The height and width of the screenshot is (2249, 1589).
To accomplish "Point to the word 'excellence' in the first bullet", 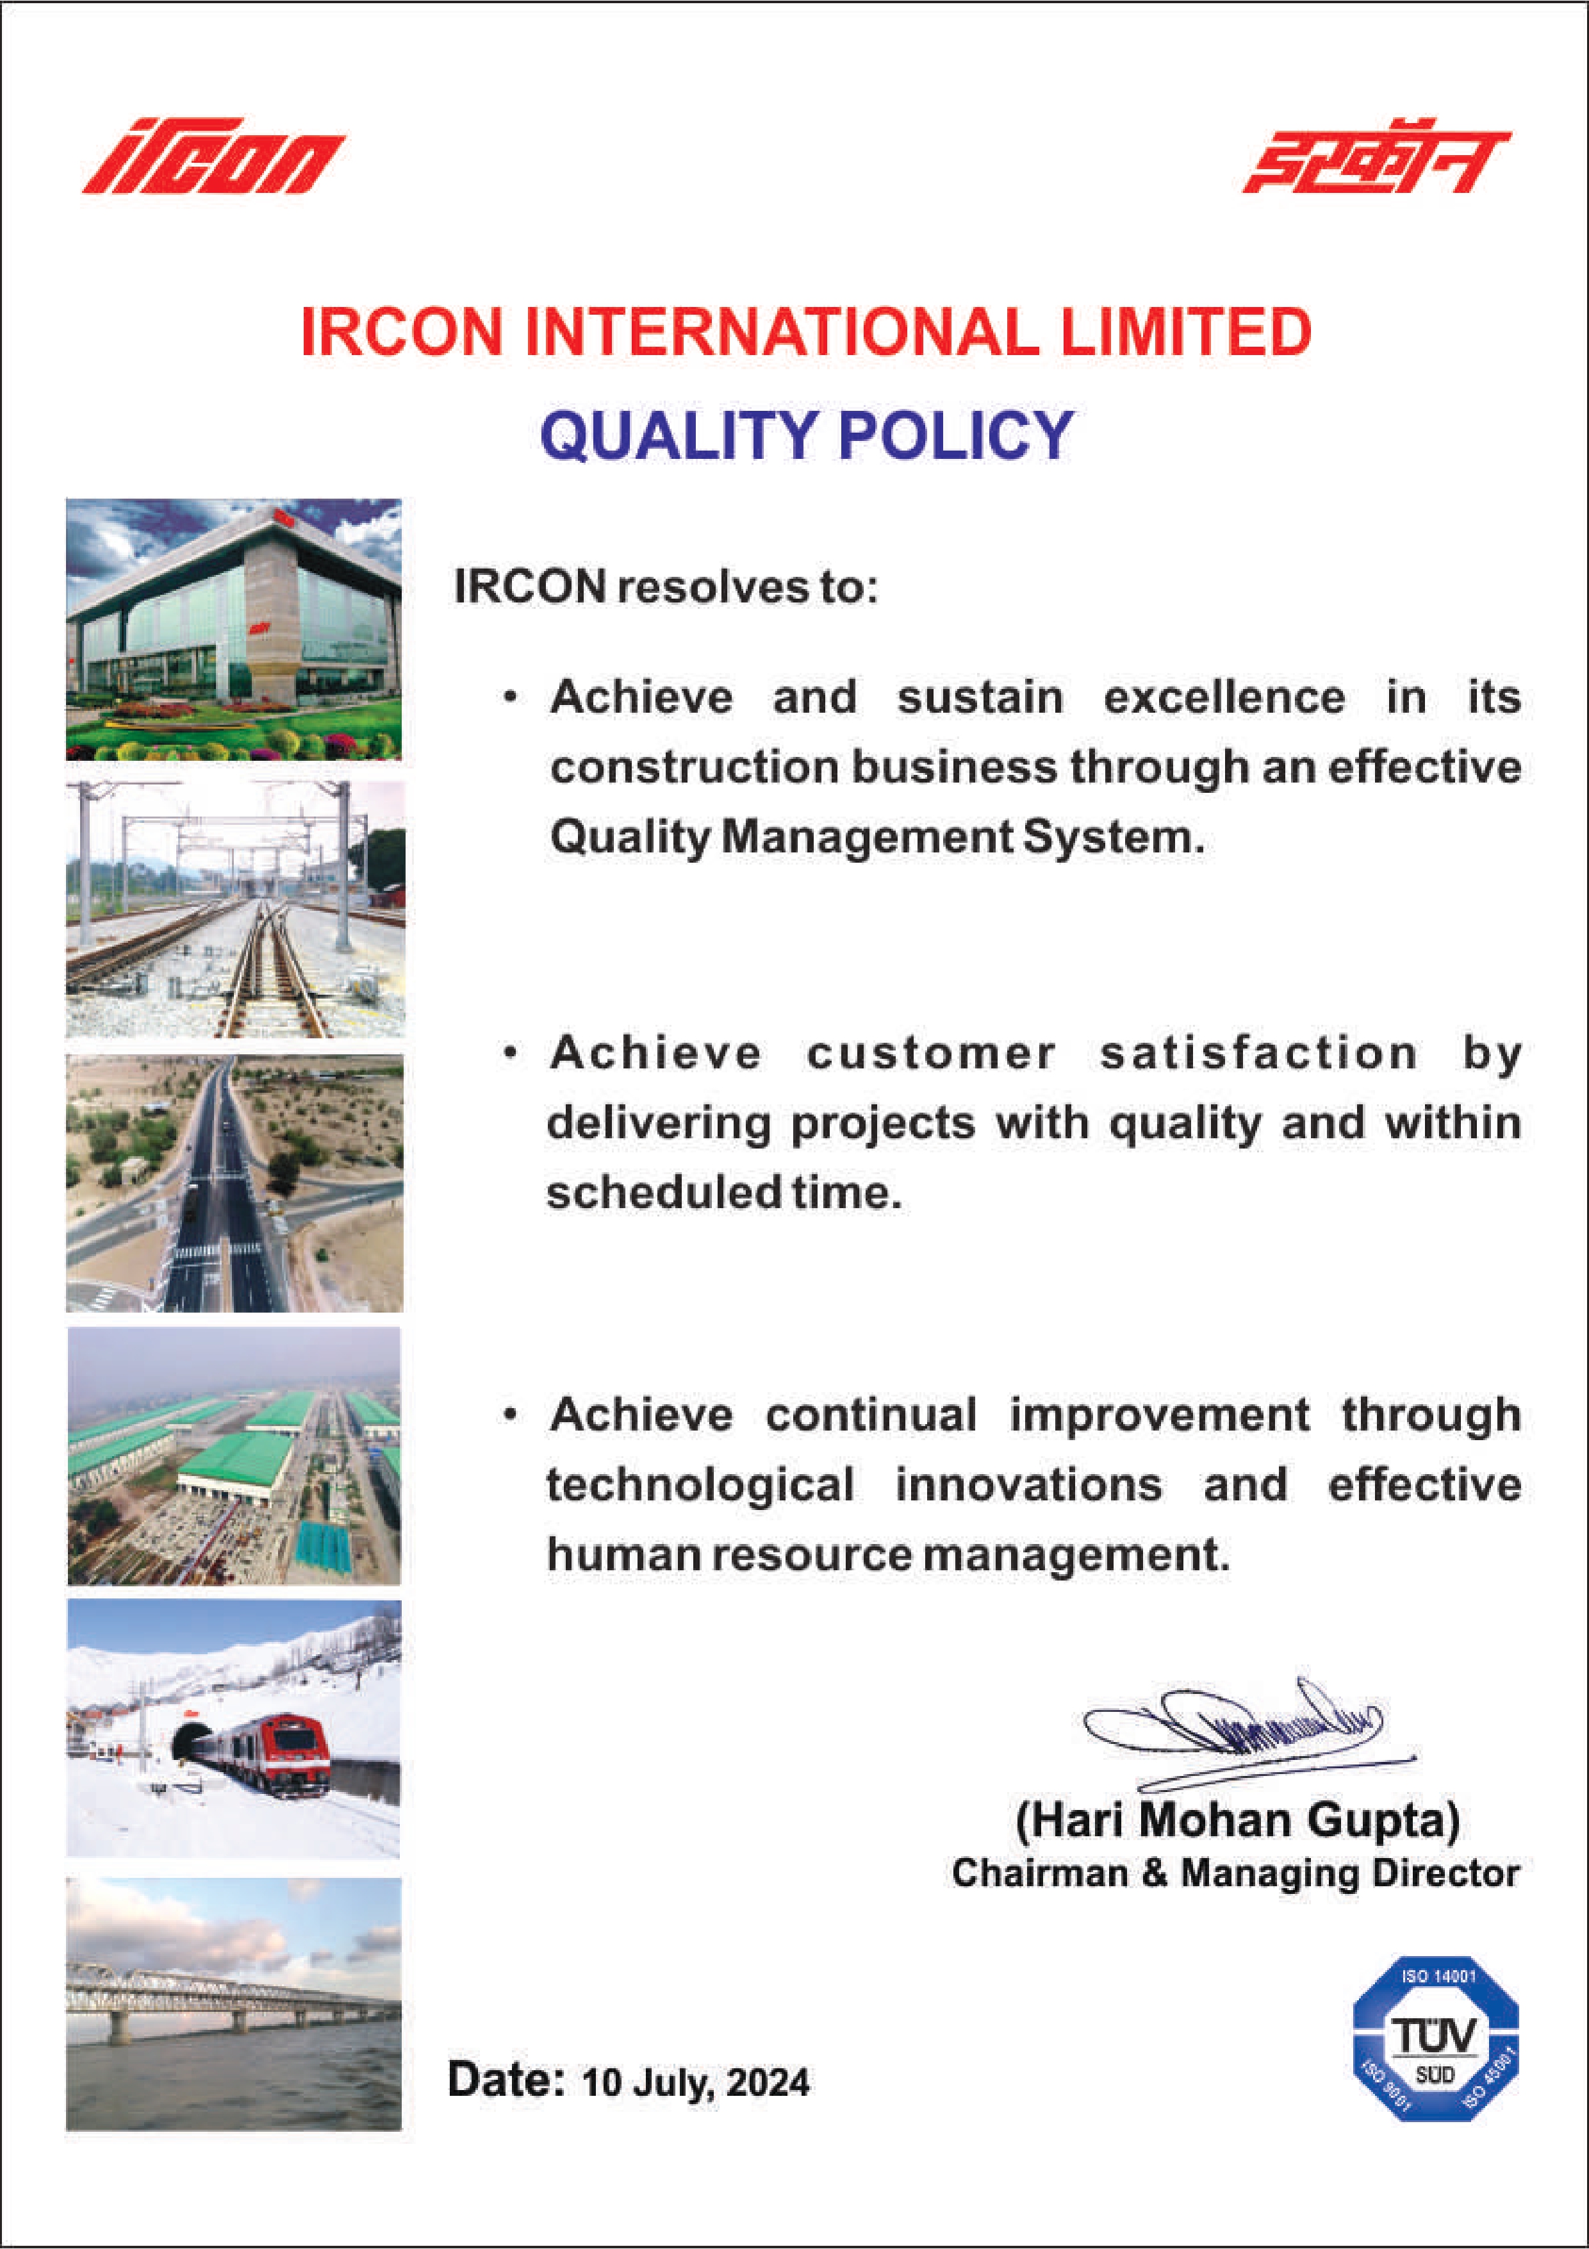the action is tap(1224, 697).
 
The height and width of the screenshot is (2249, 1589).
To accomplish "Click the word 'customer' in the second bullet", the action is tap(931, 1054).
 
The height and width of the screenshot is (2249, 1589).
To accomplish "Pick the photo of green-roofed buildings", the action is tap(234, 1456).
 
